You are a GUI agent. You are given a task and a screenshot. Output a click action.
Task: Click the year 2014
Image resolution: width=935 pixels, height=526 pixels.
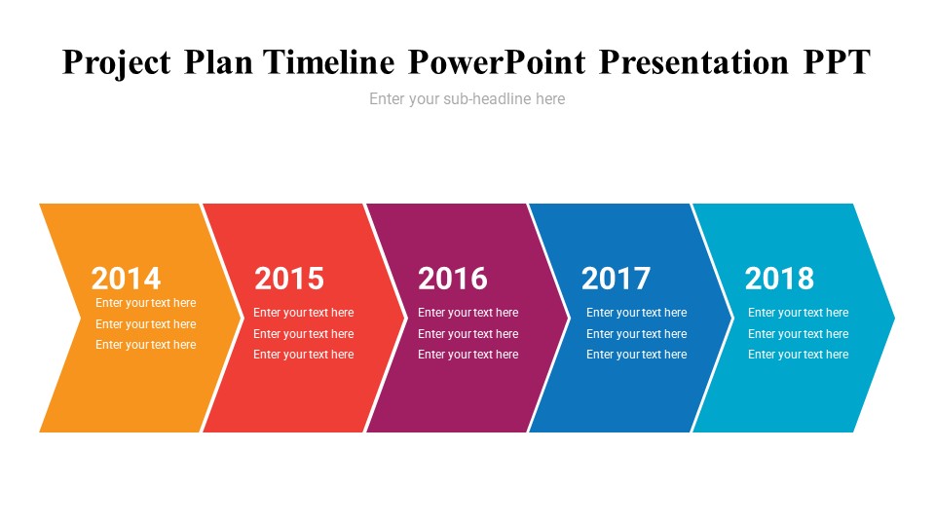click(x=126, y=279)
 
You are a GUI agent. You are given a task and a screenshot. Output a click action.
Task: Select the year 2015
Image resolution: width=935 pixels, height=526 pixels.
click(x=289, y=279)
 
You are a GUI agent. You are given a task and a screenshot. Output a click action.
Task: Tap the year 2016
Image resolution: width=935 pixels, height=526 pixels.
click(x=453, y=279)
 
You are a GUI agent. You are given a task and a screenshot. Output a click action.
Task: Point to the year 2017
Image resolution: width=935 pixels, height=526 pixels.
click(x=616, y=279)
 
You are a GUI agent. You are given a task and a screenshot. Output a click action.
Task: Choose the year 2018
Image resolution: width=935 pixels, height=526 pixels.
click(x=779, y=279)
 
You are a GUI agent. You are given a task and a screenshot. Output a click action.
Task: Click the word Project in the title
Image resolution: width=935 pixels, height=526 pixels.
click(x=116, y=63)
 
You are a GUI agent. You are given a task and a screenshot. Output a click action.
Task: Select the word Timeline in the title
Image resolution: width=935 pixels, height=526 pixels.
click(x=329, y=62)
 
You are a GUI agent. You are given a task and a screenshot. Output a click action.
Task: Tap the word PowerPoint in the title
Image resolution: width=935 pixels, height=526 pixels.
click(x=497, y=62)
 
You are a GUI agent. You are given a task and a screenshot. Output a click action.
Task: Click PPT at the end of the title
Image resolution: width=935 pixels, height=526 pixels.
click(x=837, y=62)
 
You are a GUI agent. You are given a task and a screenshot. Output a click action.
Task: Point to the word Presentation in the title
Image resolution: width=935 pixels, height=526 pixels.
click(x=693, y=62)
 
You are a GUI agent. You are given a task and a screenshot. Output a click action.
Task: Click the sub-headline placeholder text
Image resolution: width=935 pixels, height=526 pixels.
click(x=467, y=99)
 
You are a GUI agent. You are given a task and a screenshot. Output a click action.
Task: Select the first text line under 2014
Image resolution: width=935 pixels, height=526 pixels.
click(x=145, y=303)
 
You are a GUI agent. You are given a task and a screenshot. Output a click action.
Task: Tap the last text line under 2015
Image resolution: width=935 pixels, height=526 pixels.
click(x=304, y=355)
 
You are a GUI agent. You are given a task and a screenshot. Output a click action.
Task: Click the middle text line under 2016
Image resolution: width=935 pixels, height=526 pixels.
click(x=468, y=334)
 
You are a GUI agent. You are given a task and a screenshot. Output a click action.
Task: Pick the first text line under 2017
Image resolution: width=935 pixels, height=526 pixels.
click(x=636, y=313)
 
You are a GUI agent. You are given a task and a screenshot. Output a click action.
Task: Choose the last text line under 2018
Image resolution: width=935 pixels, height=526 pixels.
click(x=799, y=355)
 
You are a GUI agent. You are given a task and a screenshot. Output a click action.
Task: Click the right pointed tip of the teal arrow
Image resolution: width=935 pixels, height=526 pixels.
click(x=894, y=318)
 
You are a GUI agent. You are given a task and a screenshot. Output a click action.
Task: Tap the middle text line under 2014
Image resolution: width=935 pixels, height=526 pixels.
click(x=145, y=324)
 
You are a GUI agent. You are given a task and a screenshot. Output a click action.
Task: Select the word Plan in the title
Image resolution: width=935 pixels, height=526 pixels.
click(x=218, y=62)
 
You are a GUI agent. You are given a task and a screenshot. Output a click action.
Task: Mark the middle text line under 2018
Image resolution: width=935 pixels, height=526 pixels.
click(x=799, y=334)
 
